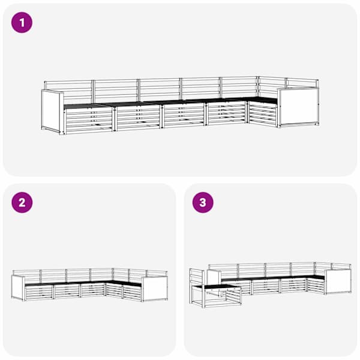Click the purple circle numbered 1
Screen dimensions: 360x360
click(x=22, y=23)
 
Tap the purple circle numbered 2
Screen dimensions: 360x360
click(x=22, y=203)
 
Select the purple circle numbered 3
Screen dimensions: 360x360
click(x=203, y=203)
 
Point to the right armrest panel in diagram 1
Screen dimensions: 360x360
click(x=298, y=107)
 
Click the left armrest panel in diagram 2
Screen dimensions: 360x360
click(x=17, y=288)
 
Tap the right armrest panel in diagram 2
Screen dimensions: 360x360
click(x=155, y=289)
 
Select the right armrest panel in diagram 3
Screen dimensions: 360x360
click(x=338, y=281)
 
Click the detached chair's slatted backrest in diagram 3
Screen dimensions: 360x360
click(x=196, y=277)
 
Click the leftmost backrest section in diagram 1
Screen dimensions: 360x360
click(x=68, y=91)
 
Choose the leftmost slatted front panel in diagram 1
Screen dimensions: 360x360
click(x=89, y=121)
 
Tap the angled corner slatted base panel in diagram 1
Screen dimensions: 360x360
click(x=262, y=114)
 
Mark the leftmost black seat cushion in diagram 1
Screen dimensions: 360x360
click(x=87, y=106)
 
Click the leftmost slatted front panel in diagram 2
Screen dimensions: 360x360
click(x=39, y=293)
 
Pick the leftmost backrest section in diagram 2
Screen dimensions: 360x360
click(x=26, y=275)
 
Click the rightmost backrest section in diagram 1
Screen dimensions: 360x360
click(x=302, y=83)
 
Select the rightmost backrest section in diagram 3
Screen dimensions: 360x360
click(x=341, y=266)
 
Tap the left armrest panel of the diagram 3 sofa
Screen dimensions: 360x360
click(x=214, y=277)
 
